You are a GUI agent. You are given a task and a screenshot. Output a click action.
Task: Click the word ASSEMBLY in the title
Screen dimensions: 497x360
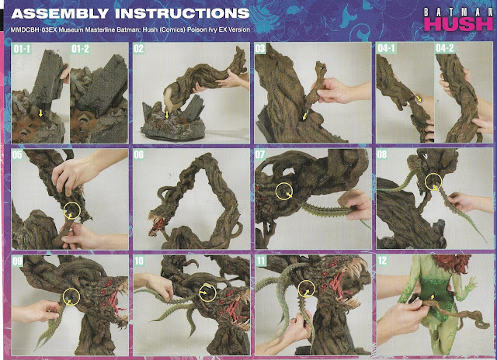point(60,14)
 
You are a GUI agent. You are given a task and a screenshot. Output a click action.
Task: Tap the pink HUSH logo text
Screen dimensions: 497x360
point(459,24)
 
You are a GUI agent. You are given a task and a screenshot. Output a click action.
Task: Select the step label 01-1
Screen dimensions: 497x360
point(22,49)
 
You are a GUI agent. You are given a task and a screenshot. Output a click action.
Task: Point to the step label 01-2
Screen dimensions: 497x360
point(81,49)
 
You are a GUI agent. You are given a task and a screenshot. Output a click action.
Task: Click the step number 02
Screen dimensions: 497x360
point(139,49)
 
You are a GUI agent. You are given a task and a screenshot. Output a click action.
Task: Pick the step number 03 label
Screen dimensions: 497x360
point(260,49)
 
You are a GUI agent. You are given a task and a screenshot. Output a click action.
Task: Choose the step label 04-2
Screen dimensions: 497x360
point(445,48)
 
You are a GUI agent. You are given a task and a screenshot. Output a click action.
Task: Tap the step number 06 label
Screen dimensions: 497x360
point(139,155)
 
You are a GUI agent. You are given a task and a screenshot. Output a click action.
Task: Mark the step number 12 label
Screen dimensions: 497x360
point(382,261)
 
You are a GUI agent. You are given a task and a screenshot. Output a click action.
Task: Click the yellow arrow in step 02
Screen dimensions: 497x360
point(167,114)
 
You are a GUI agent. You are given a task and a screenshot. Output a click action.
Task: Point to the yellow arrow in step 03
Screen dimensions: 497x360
point(304,116)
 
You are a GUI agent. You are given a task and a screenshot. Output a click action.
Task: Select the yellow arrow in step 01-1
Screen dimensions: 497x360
point(40,113)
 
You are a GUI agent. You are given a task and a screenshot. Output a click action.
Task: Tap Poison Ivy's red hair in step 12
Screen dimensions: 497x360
point(452,264)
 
